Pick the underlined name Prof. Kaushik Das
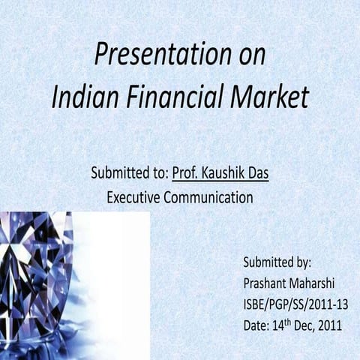click(220, 174)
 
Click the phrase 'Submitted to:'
click(129, 174)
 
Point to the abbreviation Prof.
click(185, 174)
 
